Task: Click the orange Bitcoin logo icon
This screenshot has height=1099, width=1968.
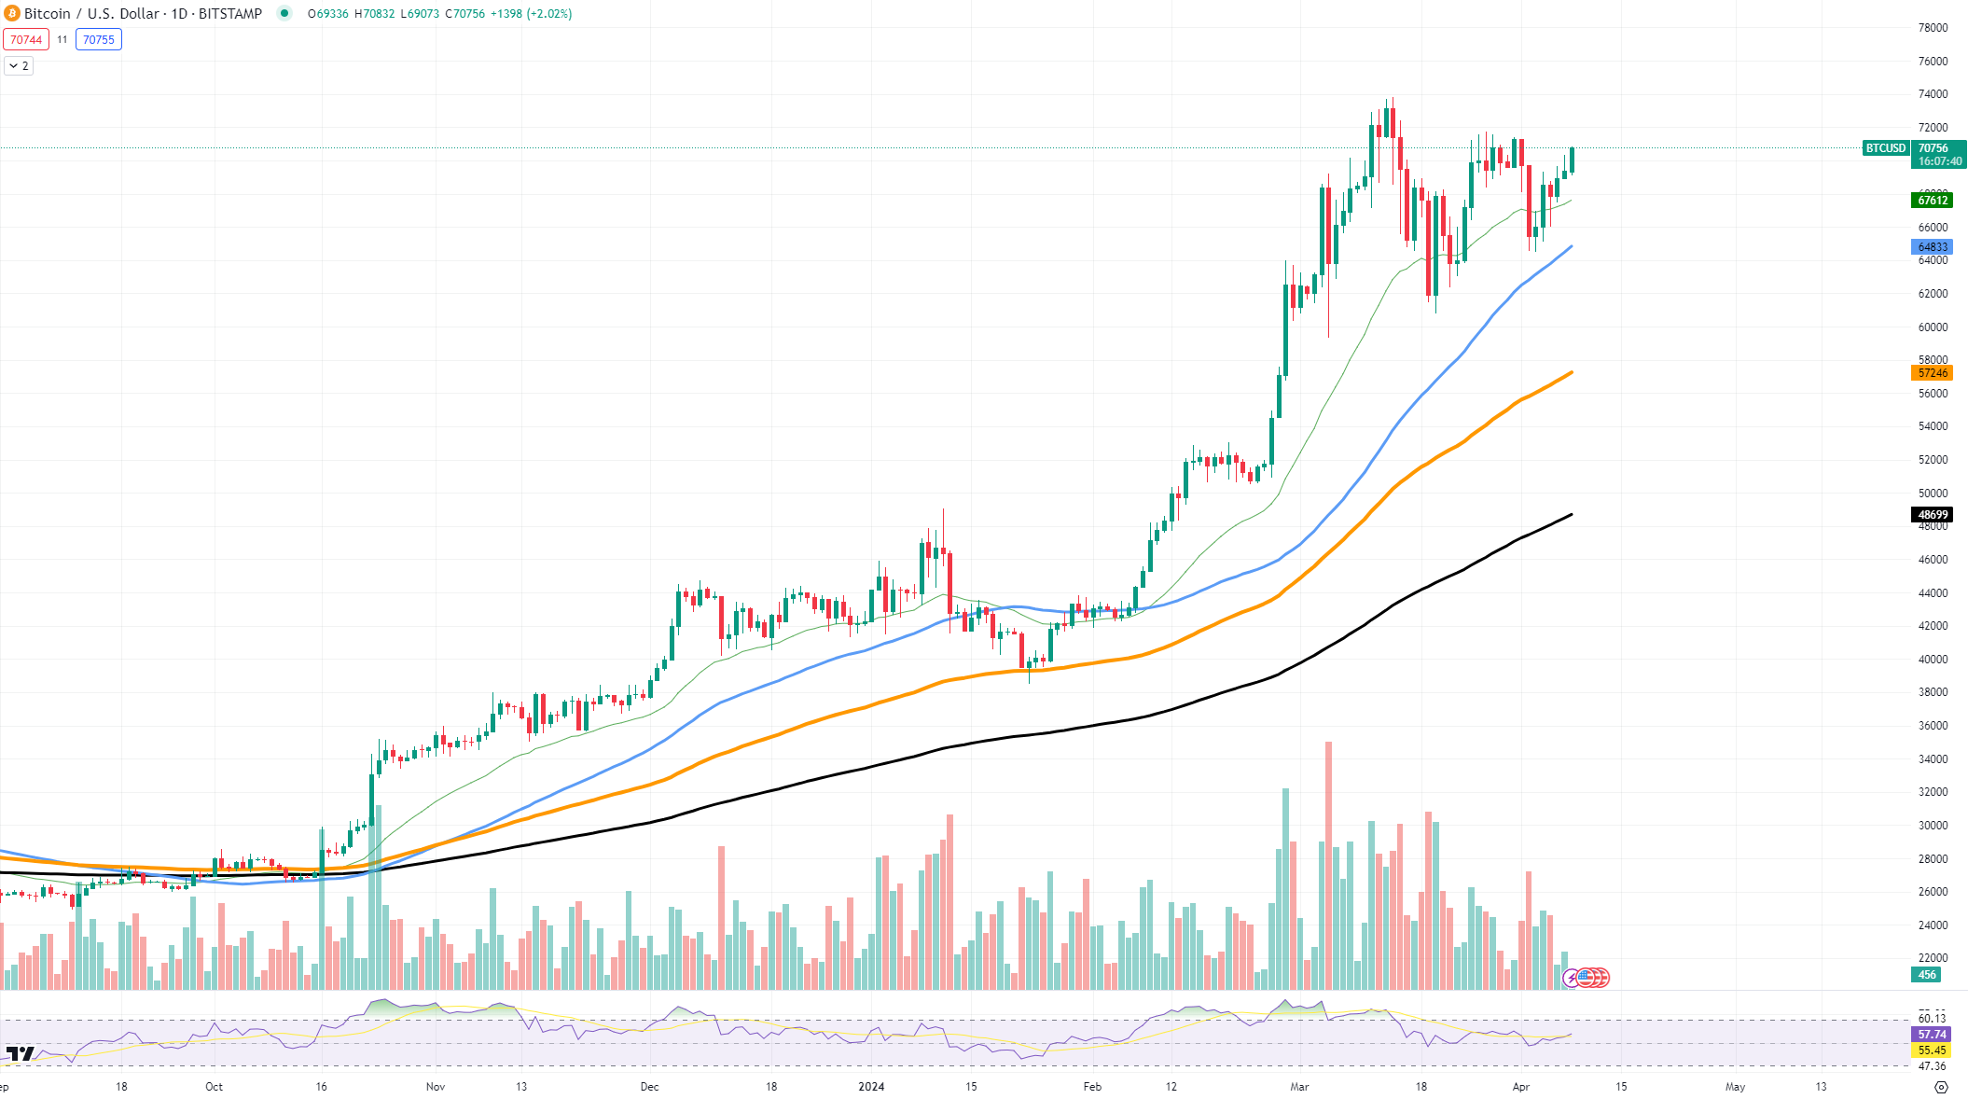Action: pos(12,13)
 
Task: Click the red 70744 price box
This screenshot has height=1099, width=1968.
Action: pos(26,39)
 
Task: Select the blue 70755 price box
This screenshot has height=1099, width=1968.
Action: pos(99,39)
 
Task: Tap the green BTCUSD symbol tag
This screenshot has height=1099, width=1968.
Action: pos(1885,148)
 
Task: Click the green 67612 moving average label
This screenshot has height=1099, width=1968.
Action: pos(1932,200)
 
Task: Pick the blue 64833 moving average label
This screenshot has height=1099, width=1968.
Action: pos(1932,247)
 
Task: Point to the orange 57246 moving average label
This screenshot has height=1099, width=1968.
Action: pos(1932,373)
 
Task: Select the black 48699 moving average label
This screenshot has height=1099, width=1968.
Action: pos(1932,515)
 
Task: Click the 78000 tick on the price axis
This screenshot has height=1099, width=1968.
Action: pos(1933,28)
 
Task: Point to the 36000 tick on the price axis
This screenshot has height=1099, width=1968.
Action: pos(1933,726)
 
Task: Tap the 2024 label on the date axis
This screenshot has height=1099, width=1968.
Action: pos(871,1087)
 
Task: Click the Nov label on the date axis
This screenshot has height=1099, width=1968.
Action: pos(436,1087)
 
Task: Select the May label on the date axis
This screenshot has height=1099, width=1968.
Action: pos(1735,1087)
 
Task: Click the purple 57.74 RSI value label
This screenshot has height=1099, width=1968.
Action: pos(1932,1035)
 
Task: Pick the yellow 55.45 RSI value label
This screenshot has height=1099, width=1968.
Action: pos(1932,1050)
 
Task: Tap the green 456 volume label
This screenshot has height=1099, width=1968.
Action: pos(1927,975)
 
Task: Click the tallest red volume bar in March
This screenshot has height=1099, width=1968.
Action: pos(1328,868)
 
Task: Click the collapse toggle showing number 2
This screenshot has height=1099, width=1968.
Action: pos(19,66)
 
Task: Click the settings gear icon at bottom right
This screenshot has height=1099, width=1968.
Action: pos(1941,1087)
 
